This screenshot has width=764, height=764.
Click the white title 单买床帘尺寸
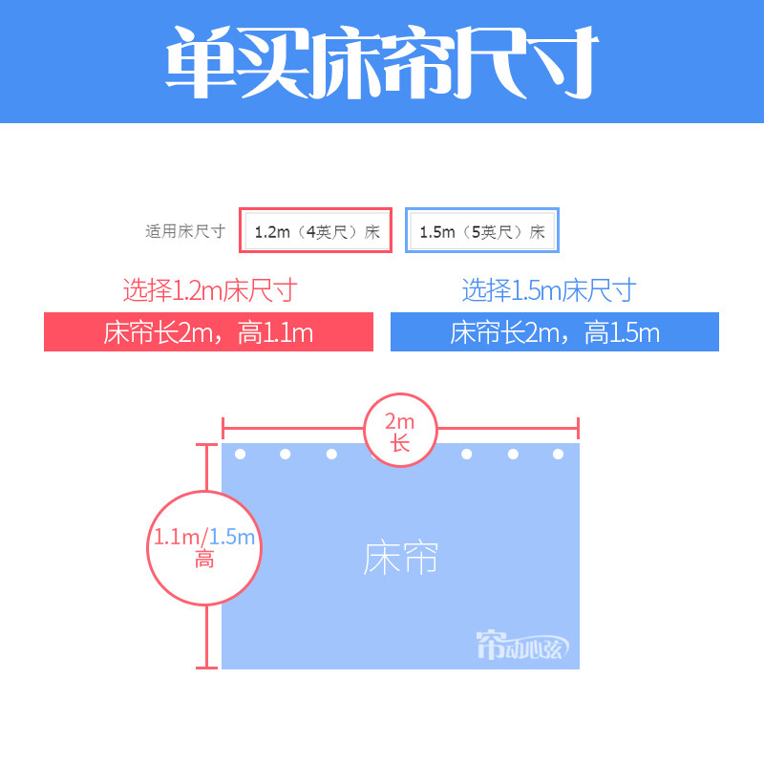coord(382,61)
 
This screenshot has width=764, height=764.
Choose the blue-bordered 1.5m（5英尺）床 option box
coord(481,231)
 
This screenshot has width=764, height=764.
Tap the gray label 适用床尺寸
coord(185,231)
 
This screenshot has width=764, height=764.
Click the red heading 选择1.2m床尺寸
coord(209,289)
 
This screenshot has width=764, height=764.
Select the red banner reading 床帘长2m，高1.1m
coord(208,332)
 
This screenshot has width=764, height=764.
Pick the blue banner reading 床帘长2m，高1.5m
coord(555,332)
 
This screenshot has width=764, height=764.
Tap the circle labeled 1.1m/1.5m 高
coord(205,547)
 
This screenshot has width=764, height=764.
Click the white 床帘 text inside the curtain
coord(400,559)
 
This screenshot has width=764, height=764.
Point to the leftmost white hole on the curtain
coord(240,454)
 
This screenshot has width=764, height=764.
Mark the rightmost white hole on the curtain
coord(559,454)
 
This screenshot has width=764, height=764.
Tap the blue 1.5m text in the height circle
coord(233,537)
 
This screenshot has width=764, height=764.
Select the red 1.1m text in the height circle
coord(176,537)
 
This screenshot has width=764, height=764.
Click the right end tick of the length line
coord(579,429)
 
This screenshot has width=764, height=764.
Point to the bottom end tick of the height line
coord(205,668)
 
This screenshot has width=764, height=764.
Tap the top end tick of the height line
coord(205,444)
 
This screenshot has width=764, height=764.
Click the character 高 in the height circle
coord(204,560)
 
